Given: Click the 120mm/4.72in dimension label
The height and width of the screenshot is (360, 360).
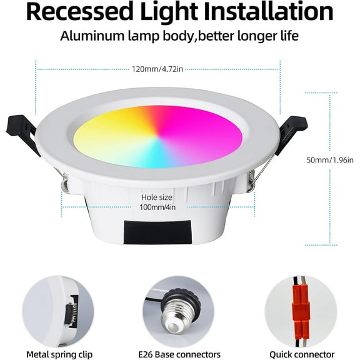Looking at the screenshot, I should point(158,69).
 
